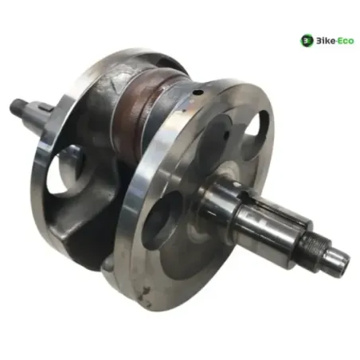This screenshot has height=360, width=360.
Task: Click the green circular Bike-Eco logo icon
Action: (x=307, y=41)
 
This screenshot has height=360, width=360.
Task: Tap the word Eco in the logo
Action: (x=345, y=41)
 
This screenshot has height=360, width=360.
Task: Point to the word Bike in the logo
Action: (x=325, y=41)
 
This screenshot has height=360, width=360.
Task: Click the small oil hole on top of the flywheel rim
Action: (x=198, y=92)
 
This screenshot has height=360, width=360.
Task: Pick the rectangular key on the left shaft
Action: (x=45, y=107)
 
